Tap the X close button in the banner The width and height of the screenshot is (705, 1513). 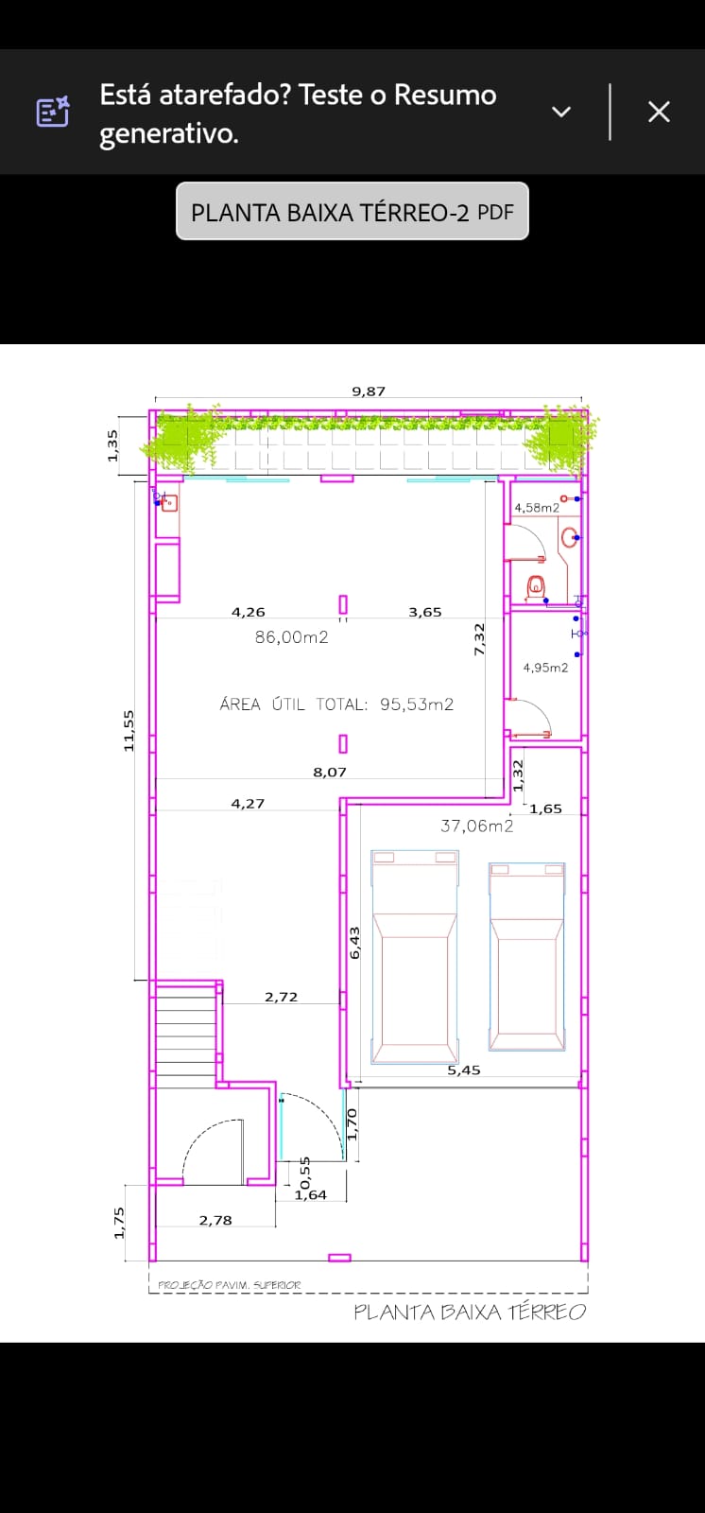[x=659, y=112]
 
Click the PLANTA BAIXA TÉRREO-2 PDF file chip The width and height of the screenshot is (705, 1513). [x=352, y=212]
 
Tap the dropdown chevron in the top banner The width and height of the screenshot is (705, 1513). [x=561, y=113]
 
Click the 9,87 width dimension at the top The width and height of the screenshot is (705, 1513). [x=369, y=391]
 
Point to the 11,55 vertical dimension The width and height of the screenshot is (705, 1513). [x=129, y=731]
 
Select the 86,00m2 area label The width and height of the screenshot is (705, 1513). [x=292, y=637]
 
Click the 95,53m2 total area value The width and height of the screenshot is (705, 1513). [x=417, y=704]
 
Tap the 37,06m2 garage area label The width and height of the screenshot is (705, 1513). [x=476, y=826]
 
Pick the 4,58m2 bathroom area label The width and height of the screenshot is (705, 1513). [x=537, y=508]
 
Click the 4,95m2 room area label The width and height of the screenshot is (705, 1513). [x=545, y=668]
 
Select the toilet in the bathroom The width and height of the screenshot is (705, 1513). [x=536, y=585]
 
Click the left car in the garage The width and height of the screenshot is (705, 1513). [x=415, y=956]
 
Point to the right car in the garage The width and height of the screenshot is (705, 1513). [x=526, y=956]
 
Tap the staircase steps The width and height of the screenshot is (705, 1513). [x=186, y=1035]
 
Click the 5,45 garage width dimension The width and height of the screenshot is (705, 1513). [x=464, y=1070]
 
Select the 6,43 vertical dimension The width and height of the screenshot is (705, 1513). [x=355, y=942]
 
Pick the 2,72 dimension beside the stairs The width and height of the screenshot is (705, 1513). [x=281, y=997]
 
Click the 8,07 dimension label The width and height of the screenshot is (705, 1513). [x=330, y=772]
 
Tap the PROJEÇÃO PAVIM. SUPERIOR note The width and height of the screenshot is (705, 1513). [x=230, y=1285]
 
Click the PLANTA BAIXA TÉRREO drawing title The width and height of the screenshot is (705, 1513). [x=470, y=1312]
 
